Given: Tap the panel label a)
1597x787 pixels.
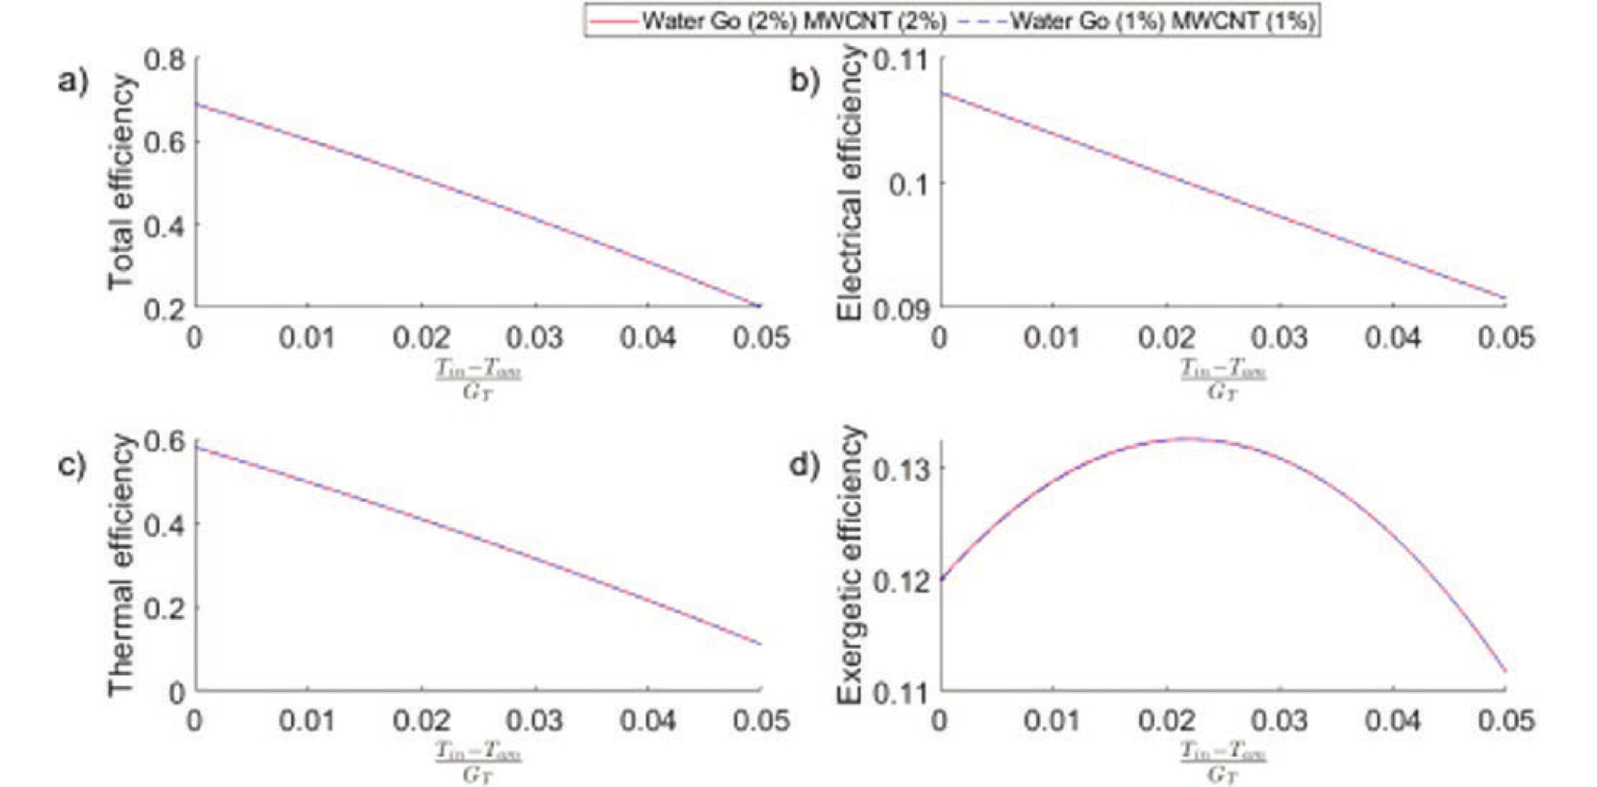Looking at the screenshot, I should [x=73, y=81].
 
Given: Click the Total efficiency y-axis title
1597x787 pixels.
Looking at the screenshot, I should [x=122, y=183].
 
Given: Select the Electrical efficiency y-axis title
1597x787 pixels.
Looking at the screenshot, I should [x=849, y=183].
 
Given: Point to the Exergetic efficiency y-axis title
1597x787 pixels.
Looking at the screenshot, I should [x=849, y=565].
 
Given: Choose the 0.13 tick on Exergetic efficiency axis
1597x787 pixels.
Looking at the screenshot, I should [x=900, y=469].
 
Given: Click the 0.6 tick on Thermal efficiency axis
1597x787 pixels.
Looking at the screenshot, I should [x=164, y=441].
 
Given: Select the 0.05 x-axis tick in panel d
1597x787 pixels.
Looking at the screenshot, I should [x=1505, y=721].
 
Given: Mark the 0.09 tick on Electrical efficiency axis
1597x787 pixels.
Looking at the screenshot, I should [x=900, y=308].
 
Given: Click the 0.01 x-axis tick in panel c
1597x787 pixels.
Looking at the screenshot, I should [x=307, y=721].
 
